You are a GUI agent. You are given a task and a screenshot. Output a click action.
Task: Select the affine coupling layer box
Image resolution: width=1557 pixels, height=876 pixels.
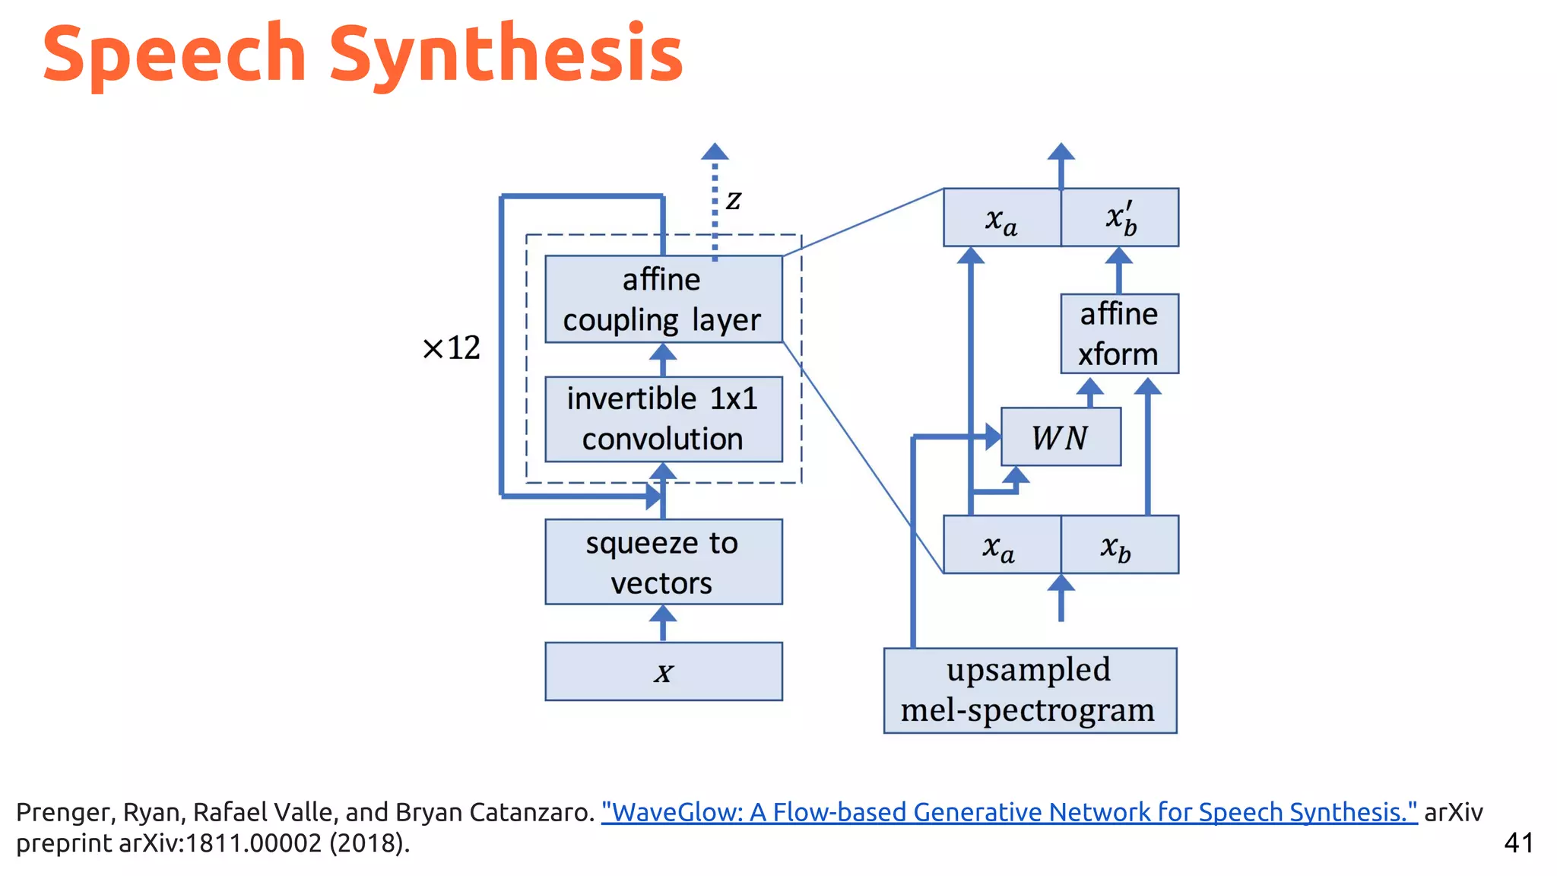[x=663, y=300]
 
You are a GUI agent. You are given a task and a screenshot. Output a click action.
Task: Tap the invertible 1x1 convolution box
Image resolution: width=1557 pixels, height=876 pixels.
[x=663, y=419]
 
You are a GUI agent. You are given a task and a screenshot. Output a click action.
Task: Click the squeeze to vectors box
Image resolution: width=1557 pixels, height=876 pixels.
[x=663, y=562]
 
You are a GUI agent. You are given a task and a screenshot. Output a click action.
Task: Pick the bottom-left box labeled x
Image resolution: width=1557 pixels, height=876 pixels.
[x=663, y=671]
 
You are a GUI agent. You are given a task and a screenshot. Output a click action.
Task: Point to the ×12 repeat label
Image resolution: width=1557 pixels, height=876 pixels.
[x=452, y=348]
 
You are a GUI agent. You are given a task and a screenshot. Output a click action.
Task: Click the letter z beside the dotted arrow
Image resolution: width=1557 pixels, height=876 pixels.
[x=733, y=200]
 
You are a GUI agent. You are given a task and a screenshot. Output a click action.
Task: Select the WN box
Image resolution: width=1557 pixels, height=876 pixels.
[x=1061, y=437]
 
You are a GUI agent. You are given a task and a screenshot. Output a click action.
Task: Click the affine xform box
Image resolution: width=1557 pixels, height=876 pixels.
[x=1119, y=334]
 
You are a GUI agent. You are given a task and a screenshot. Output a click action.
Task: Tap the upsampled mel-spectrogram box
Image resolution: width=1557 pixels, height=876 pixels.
[x=1029, y=690]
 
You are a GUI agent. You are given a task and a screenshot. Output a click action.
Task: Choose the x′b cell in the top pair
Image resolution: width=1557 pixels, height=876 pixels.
[x=1120, y=218]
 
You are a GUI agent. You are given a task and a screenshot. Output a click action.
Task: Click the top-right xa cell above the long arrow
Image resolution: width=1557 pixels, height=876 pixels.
[x=1001, y=218]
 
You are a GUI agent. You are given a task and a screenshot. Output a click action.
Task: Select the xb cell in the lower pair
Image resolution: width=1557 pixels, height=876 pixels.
[x=1118, y=545]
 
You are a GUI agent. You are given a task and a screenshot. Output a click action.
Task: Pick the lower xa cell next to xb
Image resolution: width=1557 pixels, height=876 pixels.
[x=1000, y=545]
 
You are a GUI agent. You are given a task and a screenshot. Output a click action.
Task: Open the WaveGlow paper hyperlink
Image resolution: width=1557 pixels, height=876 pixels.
[x=1009, y=812]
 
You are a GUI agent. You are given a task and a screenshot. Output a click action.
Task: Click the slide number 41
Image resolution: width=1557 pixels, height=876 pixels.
[x=1518, y=843]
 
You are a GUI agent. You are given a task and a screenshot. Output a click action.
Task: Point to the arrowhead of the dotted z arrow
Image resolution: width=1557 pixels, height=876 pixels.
[x=715, y=151]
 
